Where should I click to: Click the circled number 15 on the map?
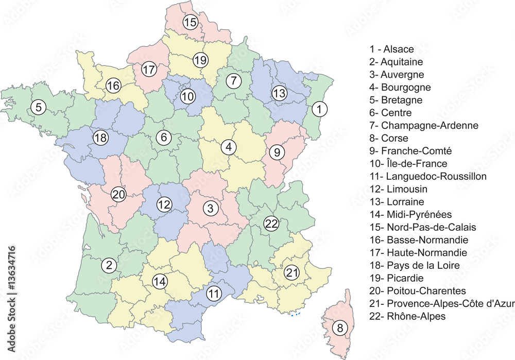(x=191, y=22)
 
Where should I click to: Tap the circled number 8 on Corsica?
(x=339, y=327)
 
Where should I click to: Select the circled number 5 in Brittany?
(x=38, y=107)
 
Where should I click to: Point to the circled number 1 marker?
(x=320, y=109)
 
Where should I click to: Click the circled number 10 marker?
(x=188, y=96)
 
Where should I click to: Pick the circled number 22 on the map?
(x=271, y=224)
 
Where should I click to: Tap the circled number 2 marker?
(x=109, y=265)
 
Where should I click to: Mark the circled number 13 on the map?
(x=279, y=93)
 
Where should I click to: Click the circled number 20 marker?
(x=119, y=195)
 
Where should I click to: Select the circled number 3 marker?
(x=210, y=209)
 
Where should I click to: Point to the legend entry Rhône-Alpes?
(x=408, y=316)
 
